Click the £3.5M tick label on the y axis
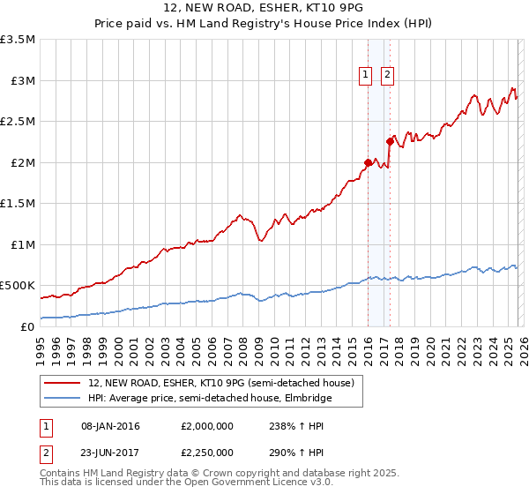(x=18, y=40)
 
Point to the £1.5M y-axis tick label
(x=18, y=204)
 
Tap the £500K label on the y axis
(x=18, y=286)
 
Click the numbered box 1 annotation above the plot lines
(x=365, y=76)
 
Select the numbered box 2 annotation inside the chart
(x=387, y=76)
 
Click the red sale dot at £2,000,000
(x=368, y=162)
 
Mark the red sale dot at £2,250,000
(x=390, y=141)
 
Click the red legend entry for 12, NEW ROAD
(x=220, y=383)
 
